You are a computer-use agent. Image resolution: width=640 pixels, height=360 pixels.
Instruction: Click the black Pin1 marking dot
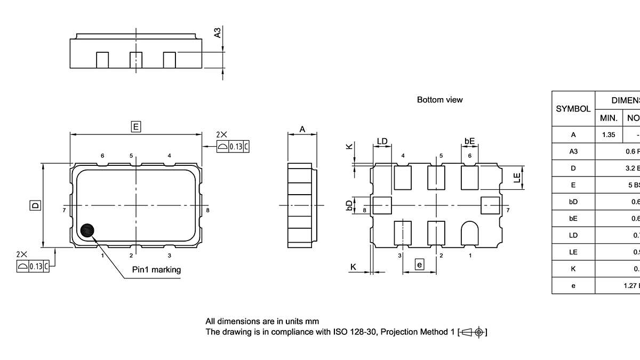coord(86,230)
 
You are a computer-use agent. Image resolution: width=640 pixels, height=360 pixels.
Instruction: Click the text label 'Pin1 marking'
coord(156,270)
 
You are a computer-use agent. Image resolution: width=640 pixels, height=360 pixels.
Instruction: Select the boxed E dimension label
coord(136,126)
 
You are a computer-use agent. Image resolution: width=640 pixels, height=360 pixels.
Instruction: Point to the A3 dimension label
coord(217,33)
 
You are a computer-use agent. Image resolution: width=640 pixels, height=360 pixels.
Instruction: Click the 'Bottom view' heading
coord(439,100)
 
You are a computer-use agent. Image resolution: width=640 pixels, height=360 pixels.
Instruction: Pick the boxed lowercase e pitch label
coord(419,265)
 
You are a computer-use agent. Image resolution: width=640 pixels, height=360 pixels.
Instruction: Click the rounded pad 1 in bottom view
coord(469,234)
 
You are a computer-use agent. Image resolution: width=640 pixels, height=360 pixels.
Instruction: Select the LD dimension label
coord(382,141)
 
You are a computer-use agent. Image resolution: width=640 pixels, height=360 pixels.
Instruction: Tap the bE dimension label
coord(469,141)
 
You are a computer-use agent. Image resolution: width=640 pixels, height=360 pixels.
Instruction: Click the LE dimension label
coord(516,178)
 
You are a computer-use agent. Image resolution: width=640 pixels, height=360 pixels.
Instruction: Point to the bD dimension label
coord(349,205)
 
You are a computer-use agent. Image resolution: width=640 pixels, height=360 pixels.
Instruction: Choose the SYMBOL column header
coord(573,109)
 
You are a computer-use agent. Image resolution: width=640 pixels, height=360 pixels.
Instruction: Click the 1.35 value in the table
coord(609,135)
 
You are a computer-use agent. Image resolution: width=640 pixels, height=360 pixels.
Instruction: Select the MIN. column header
coord(609,118)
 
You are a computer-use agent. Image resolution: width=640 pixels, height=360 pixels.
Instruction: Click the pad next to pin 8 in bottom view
coord(382,205)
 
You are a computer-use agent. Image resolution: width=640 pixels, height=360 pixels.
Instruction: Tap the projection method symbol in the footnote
coord(471,332)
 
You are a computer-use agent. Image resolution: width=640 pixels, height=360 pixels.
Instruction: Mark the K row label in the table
coord(573,269)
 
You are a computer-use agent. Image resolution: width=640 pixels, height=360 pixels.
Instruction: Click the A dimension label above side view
coord(302,129)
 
